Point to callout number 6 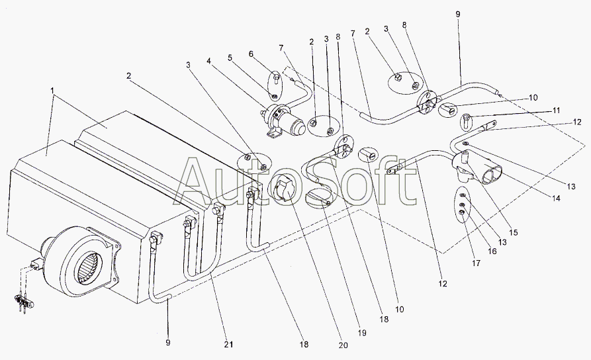pos(251,53)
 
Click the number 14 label pos(557,198)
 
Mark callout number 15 pos(514,233)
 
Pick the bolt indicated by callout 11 pos(465,120)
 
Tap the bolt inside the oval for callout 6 pos(275,80)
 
